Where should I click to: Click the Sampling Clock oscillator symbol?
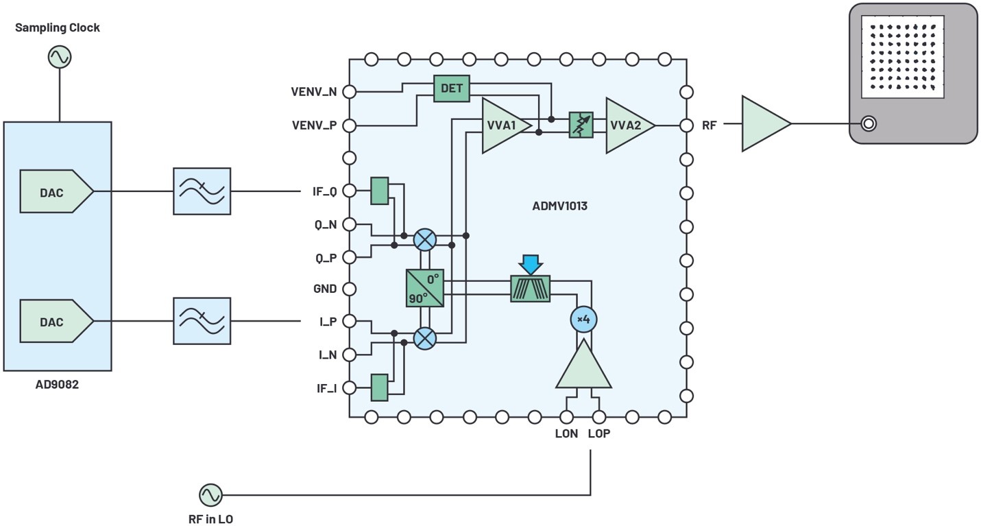[60, 57]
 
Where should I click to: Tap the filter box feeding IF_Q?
[202, 192]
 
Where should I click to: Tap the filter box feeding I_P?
[202, 320]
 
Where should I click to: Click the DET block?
[451, 88]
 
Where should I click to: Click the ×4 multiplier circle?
[583, 319]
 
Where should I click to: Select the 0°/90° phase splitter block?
[425, 288]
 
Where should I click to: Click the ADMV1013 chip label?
[559, 206]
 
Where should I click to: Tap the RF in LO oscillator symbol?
[210, 494]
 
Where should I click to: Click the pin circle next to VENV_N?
[349, 92]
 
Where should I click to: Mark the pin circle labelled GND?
[349, 289]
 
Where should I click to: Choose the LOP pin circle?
[599, 416]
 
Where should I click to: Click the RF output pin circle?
[686, 125]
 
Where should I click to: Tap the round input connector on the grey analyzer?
[869, 124]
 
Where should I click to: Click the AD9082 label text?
[57, 385]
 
